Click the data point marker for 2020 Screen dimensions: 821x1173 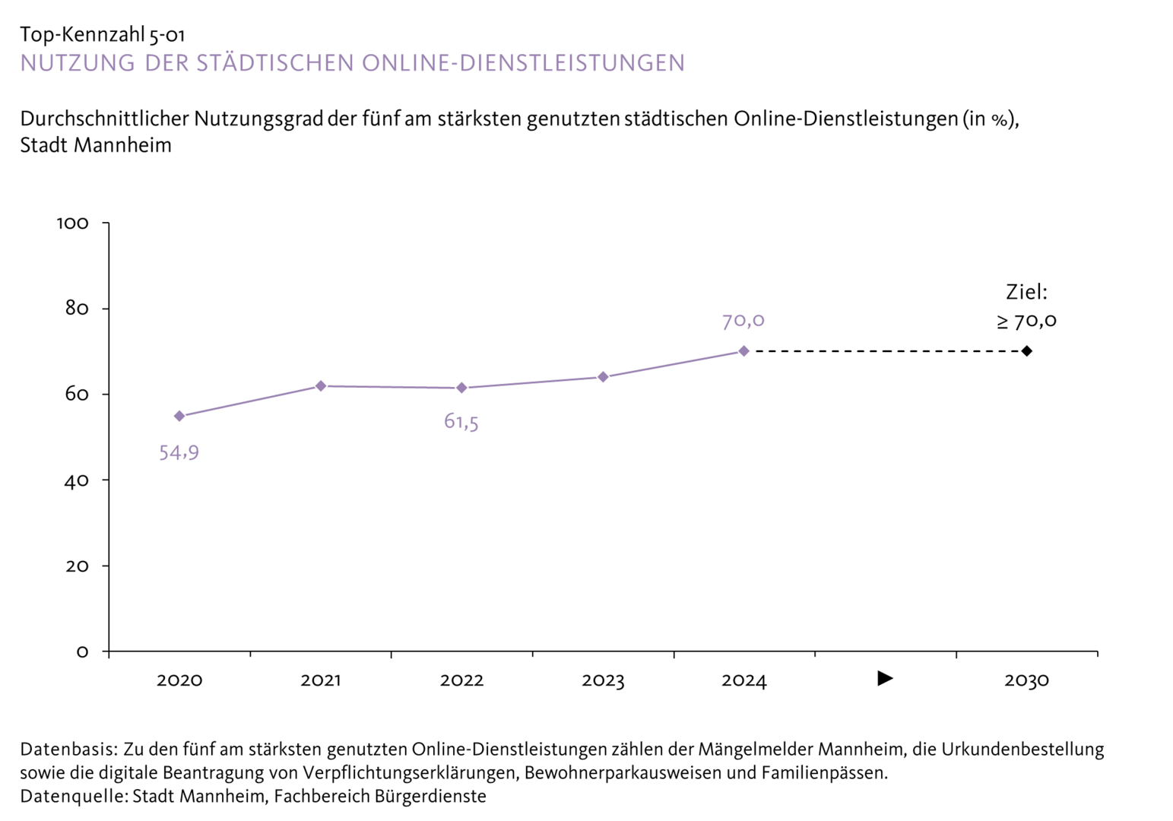[x=179, y=416]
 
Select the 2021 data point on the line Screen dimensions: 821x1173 [x=321, y=386]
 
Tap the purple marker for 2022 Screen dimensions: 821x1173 [x=461, y=388]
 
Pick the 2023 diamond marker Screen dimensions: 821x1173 [x=603, y=377]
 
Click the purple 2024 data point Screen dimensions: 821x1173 [x=743, y=351]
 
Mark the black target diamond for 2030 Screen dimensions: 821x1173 [x=1026, y=351]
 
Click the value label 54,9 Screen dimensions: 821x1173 [x=179, y=453]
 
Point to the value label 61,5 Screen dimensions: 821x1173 [x=461, y=422]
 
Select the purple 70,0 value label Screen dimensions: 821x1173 [x=743, y=321]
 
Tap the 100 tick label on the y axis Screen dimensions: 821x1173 [x=73, y=223]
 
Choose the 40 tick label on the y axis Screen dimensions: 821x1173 [x=77, y=480]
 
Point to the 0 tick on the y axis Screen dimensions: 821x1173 [x=82, y=652]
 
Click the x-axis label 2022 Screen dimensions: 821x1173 [x=461, y=680]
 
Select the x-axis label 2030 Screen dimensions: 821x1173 [x=1026, y=680]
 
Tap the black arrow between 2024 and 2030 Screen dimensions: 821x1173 [x=885, y=678]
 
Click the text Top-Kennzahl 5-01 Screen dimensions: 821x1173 [x=102, y=35]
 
